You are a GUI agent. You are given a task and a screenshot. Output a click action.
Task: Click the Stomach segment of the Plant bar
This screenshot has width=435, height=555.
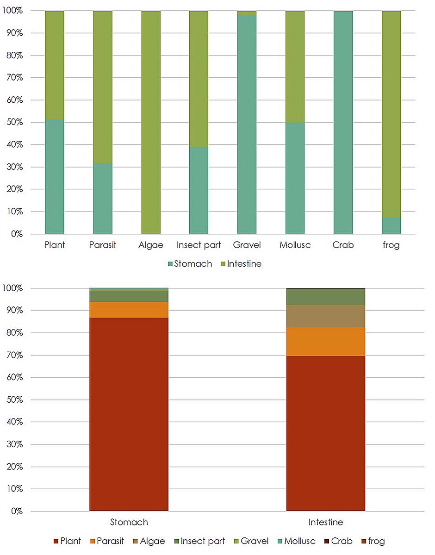click(55, 176)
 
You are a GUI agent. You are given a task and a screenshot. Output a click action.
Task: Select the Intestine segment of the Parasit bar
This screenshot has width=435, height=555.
click(103, 87)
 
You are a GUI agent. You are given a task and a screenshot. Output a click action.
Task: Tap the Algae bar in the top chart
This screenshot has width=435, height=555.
click(151, 122)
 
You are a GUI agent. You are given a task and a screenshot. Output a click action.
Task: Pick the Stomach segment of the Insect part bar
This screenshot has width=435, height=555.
click(199, 190)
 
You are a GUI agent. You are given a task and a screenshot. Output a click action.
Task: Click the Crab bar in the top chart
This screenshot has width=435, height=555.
click(343, 122)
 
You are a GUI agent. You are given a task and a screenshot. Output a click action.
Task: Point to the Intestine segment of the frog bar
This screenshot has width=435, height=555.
click(391, 114)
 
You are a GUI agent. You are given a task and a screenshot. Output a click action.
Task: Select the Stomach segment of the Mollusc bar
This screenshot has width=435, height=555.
click(295, 178)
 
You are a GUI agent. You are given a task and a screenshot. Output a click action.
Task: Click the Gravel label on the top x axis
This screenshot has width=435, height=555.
click(247, 245)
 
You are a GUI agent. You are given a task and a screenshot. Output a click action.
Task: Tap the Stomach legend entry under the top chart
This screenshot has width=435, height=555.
click(190, 264)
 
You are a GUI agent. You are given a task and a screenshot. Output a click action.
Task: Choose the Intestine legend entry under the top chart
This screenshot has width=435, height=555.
click(241, 264)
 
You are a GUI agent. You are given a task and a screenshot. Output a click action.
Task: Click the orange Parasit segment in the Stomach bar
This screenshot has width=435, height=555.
click(129, 310)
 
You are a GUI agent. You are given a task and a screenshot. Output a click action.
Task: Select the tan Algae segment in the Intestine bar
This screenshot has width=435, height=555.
click(326, 316)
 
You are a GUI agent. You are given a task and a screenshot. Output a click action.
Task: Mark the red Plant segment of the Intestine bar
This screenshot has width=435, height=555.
click(326, 433)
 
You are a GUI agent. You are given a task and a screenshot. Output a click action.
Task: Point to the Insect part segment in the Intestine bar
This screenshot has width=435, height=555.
click(326, 297)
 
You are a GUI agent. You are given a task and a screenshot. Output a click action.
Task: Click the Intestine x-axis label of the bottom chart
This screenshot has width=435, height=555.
click(326, 522)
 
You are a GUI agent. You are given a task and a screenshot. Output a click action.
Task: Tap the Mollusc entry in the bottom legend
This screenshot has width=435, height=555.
click(296, 541)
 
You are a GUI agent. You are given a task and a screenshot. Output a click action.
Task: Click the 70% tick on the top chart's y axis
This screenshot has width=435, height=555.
click(14, 77)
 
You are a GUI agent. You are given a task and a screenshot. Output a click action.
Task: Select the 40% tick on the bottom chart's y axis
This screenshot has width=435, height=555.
click(14, 422)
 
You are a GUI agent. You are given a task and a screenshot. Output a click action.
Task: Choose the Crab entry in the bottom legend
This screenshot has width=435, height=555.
click(338, 541)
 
